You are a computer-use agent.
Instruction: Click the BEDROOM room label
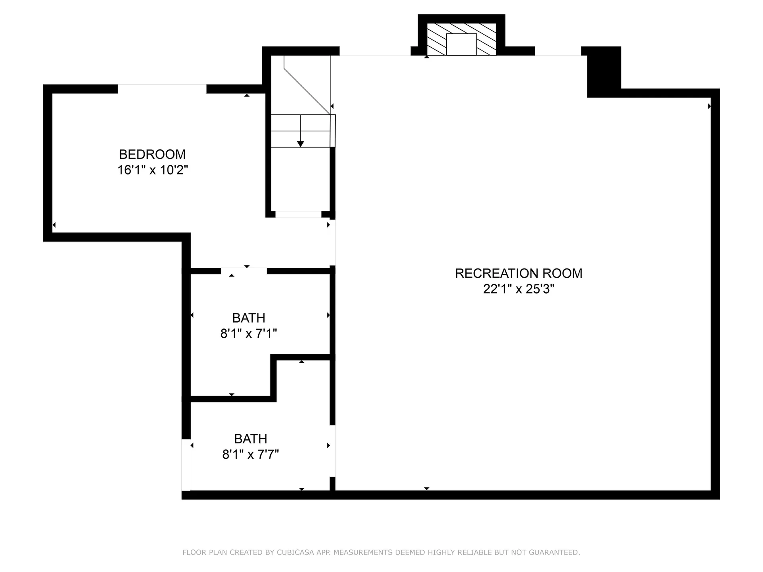[152, 154]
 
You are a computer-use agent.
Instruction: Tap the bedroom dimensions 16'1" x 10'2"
[152, 170]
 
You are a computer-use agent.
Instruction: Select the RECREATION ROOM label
[519, 273]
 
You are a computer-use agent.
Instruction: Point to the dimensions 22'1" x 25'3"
[519, 289]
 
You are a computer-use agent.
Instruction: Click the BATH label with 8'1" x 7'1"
[249, 318]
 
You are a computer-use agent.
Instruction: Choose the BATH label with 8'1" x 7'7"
[250, 439]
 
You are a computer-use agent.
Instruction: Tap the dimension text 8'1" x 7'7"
[250, 454]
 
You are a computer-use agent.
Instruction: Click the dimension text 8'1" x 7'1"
[249, 333]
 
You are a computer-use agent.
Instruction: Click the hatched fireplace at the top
[461, 39]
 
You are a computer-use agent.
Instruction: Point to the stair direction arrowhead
[300, 144]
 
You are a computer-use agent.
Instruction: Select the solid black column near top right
[604, 71]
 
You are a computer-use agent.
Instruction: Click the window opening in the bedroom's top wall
[162, 89]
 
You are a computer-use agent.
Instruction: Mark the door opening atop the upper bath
[244, 271]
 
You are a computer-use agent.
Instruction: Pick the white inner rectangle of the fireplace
[461, 44]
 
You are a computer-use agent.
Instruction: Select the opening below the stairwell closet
[298, 214]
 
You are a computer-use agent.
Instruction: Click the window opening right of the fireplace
[558, 51]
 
